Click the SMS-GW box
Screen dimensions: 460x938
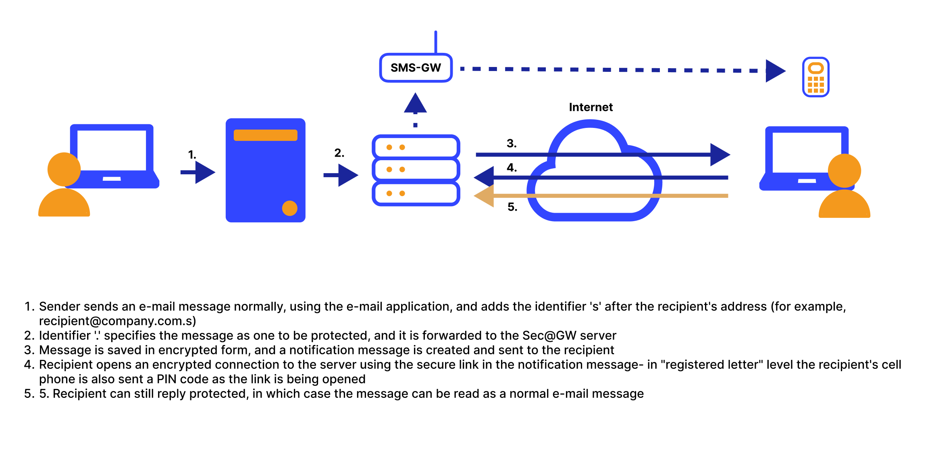click(x=416, y=68)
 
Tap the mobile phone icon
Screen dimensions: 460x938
click(x=815, y=77)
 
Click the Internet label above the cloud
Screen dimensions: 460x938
click(x=591, y=107)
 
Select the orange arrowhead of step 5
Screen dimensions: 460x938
click(x=485, y=196)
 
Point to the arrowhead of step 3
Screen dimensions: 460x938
click(x=720, y=155)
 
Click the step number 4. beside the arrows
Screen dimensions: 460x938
click(x=512, y=167)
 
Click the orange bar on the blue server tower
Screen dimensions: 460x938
click(x=265, y=135)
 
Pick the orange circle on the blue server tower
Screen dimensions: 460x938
click(x=289, y=208)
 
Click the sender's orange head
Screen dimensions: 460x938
click(x=64, y=169)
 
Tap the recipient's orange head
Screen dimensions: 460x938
click(x=844, y=171)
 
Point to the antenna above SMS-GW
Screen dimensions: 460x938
click(x=435, y=42)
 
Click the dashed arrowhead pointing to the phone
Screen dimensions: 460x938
click(x=775, y=71)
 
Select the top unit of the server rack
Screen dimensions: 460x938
click(x=416, y=147)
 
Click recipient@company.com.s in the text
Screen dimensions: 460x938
click(x=117, y=321)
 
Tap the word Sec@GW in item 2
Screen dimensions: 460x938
click(x=549, y=335)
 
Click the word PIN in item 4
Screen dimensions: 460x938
click(x=166, y=379)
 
